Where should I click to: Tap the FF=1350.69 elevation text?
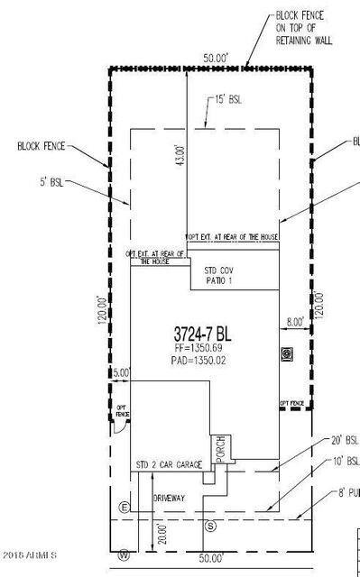205,345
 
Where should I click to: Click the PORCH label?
218,447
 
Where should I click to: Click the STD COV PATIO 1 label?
220,275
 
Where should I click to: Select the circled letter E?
124,507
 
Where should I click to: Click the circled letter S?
211,525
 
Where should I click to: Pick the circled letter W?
124,554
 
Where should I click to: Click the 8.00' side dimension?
296,321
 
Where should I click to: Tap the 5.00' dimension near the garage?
121,371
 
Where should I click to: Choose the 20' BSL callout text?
345,441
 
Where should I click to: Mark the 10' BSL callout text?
346,461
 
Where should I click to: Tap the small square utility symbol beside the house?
288,353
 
